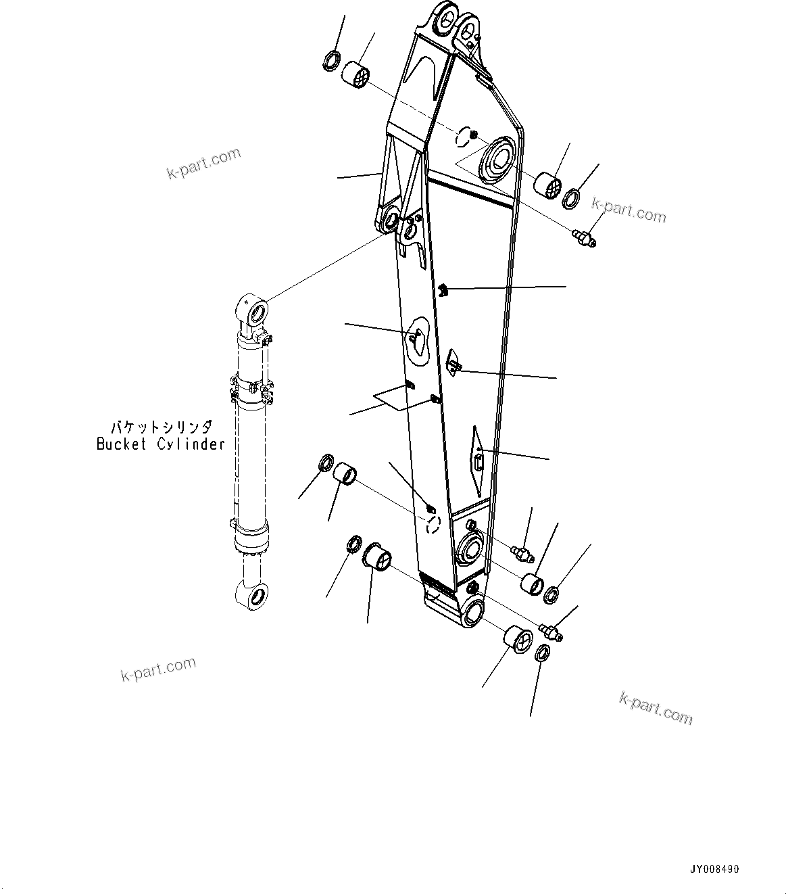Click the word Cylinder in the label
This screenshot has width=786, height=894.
[191, 444]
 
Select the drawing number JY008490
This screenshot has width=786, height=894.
[714, 869]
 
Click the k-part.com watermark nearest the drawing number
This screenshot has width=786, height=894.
[656, 708]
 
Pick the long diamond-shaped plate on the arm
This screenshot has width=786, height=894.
[478, 461]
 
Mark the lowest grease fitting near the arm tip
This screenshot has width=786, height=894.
[552, 632]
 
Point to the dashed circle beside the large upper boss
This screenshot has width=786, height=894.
[462, 138]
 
